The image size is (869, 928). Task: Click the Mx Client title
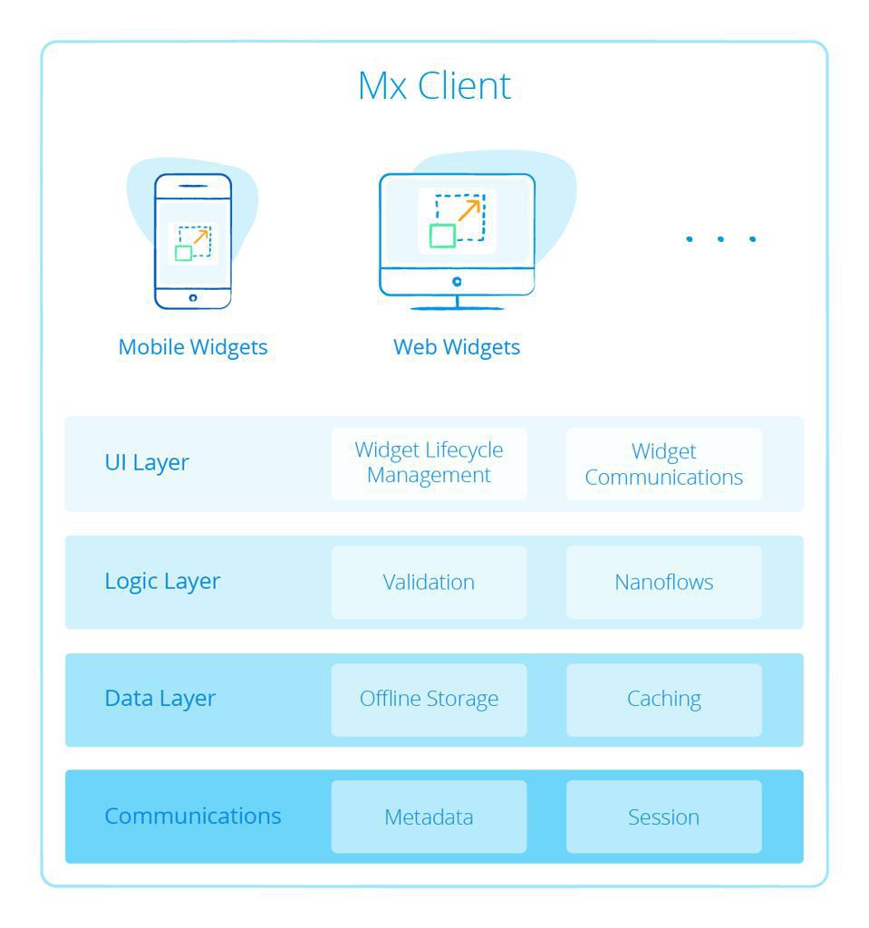(x=434, y=86)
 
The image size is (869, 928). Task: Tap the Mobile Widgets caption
(x=193, y=347)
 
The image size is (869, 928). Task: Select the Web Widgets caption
(x=457, y=347)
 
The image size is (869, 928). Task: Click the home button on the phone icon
(x=193, y=297)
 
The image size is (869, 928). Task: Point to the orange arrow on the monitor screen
(x=468, y=210)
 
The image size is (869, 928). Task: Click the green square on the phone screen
(x=183, y=253)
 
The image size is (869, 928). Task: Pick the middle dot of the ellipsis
(x=720, y=239)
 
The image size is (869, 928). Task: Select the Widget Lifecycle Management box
(x=429, y=463)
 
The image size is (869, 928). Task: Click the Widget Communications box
(x=663, y=464)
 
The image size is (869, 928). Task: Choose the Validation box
(x=429, y=582)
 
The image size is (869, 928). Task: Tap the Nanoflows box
(x=663, y=582)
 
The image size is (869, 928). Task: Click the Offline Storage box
(x=429, y=699)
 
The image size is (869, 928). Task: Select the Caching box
(x=663, y=699)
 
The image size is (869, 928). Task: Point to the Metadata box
(x=429, y=817)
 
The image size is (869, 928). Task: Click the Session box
(x=663, y=817)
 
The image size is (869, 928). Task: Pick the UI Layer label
(x=147, y=463)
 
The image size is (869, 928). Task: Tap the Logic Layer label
(x=162, y=581)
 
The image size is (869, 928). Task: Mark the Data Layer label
(x=160, y=699)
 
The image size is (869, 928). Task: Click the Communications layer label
(x=193, y=816)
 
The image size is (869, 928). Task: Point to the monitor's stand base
(x=457, y=308)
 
